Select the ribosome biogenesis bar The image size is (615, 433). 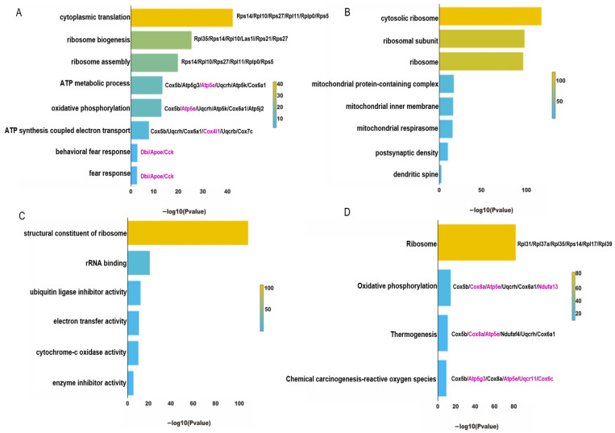[161, 40]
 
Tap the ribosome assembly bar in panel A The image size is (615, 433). [154, 62]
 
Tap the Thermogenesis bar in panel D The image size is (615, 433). [443, 333]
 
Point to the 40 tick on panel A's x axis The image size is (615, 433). [226, 192]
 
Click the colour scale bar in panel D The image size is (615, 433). [573, 297]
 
